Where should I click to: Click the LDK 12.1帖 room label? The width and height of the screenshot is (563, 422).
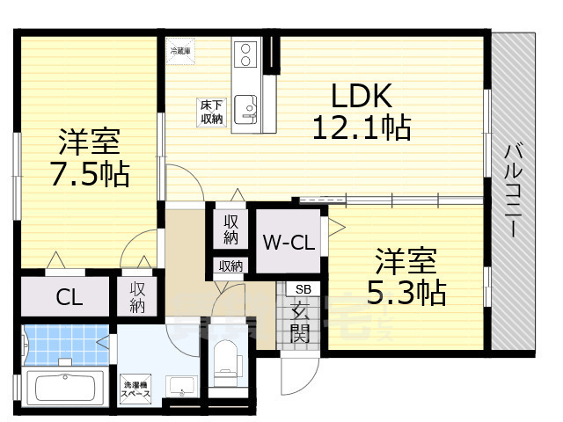pyautogui.click(x=360, y=112)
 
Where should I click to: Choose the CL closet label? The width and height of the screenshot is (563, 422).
pyautogui.click(x=69, y=297)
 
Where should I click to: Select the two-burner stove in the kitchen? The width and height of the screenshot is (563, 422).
pyautogui.click(x=246, y=55)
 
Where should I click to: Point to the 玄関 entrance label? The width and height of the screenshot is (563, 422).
pyautogui.click(x=301, y=321)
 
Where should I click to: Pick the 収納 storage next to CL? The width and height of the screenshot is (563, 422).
pyautogui.click(x=138, y=297)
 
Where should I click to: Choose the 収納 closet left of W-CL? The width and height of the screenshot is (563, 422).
pyautogui.click(x=230, y=229)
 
